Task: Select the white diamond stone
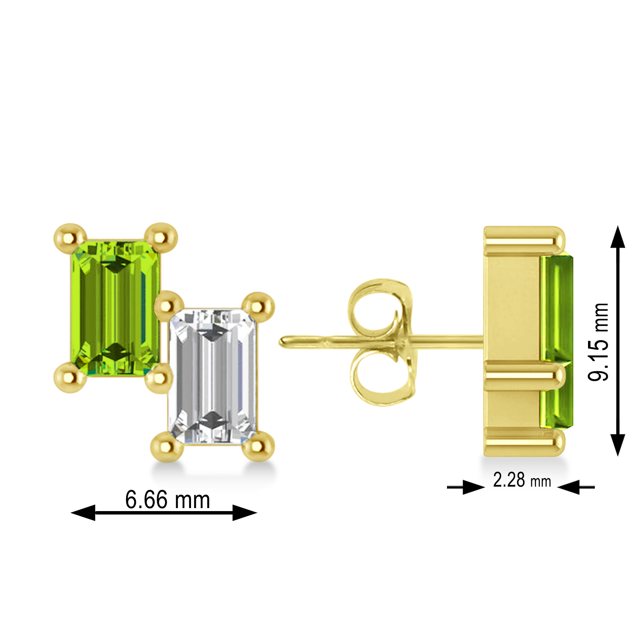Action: pos(213,376)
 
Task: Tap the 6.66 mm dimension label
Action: pos(168,500)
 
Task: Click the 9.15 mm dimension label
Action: pos(598,341)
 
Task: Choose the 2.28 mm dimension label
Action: pos(522,480)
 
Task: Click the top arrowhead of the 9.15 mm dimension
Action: pos(617,237)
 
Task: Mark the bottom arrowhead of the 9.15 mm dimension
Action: pos(617,444)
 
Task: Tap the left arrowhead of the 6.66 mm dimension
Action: pos(83,512)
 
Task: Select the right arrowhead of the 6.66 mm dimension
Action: pos(244,512)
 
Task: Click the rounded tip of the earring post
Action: pos(283,342)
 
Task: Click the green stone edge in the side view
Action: pos(557,342)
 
